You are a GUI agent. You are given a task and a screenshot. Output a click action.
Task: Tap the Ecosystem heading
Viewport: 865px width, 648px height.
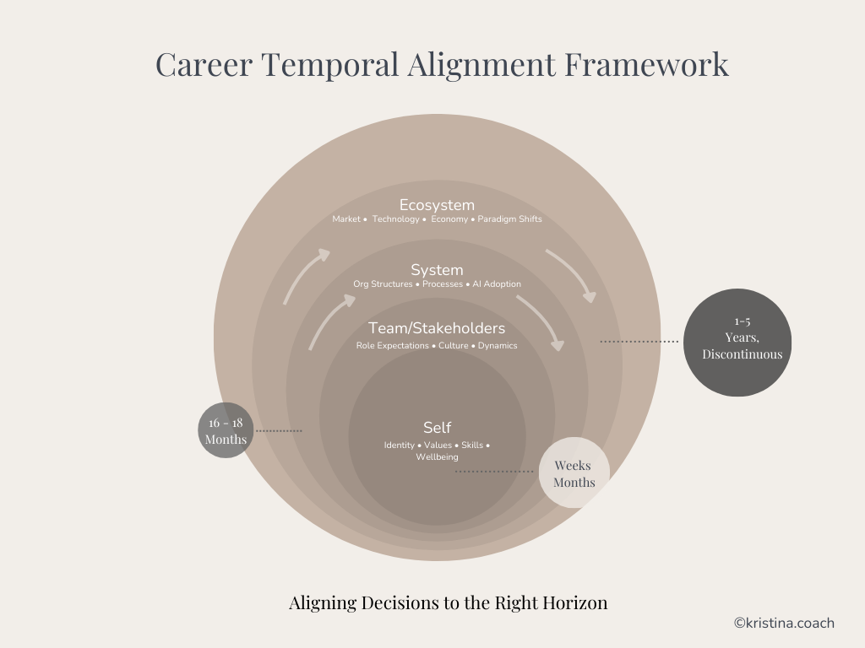pos(437,205)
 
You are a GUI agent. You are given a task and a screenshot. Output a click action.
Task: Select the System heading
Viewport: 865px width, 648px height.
pos(437,270)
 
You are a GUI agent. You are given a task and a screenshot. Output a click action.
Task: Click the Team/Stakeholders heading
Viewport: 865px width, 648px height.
pos(437,328)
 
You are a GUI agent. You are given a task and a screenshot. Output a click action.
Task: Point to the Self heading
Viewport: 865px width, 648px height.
pos(437,428)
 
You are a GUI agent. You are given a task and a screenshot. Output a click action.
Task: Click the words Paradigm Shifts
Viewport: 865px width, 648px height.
pos(509,219)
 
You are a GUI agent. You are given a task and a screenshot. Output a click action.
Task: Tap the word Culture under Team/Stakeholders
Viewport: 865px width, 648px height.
pos(453,346)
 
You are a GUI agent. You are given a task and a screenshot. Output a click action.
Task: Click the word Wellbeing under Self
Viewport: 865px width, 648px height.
pos(437,457)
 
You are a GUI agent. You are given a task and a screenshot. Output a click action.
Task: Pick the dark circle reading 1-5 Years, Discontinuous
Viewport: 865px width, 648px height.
pos(737,342)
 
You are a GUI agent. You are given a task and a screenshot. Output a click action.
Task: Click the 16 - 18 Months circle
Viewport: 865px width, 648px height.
pos(226,430)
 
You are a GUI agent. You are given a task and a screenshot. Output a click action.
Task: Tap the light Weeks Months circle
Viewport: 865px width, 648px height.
pos(574,473)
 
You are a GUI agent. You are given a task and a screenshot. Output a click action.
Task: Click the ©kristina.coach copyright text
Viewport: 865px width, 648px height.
pos(783,624)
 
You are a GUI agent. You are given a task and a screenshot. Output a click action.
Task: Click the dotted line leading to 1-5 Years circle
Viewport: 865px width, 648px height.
pos(639,342)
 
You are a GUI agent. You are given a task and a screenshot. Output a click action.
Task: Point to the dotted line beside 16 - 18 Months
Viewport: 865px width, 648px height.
pos(279,430)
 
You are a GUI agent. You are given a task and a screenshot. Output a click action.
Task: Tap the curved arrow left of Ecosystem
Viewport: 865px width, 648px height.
pos(304,274)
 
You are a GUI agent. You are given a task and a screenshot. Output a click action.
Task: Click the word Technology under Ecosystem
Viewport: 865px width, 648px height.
pos(395,219)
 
